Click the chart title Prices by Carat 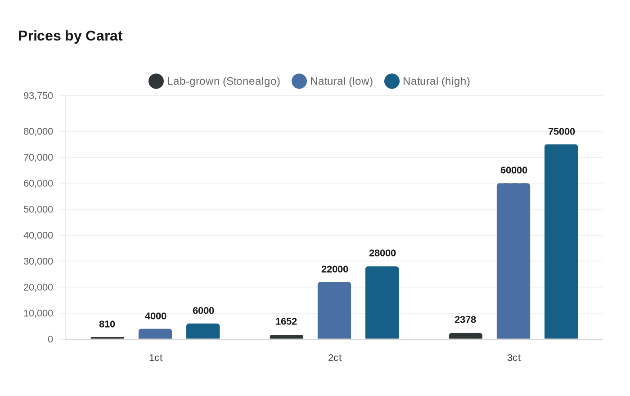(x=70, y=36)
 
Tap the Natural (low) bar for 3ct (x=513, y=261)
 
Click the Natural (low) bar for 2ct (x=334, y=310)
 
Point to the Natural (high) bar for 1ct (x=203, y=331)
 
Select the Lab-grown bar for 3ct (x=466, y=336)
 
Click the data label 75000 (x=561, y=131)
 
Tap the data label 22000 (x=334, y=269)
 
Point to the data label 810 (x=107, y=324)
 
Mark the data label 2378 (x=465, y=319)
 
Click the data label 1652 (x=286, y=321)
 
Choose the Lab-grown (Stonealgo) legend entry (x=215, y=81)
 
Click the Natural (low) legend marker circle (x=299, y=81)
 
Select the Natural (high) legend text (x=436, y=81)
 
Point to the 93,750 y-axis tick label (x=38, y=95)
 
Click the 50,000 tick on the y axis (x=38, y=209)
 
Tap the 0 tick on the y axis (x=50, y=339)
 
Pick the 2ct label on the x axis (x=334, y=358)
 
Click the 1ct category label (x=156, y=358)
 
